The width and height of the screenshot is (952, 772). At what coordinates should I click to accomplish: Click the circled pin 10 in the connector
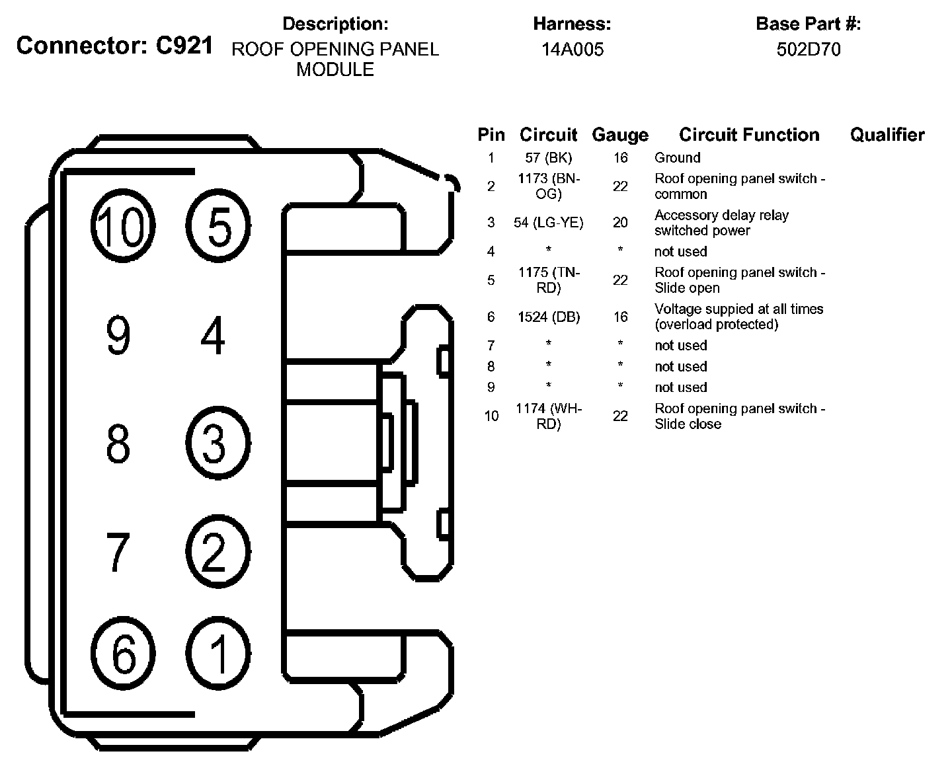click(122, 227)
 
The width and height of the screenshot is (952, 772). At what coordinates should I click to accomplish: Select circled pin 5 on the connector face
click(218, 227)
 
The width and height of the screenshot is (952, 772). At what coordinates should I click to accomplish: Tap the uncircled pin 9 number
click(118, 335)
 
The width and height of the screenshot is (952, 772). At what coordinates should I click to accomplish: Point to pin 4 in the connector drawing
click(213, 335)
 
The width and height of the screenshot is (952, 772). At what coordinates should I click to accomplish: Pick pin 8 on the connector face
click(118, 443)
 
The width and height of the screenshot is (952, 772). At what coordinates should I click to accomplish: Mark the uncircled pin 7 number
click(118, 551)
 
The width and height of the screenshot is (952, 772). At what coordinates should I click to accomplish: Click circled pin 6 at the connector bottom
click(122, 653)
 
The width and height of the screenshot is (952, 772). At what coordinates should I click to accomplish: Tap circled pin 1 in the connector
click(218, 653)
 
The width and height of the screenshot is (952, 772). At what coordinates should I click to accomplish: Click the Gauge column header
click(619, 135)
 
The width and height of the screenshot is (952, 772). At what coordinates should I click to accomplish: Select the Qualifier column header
click(887, 135)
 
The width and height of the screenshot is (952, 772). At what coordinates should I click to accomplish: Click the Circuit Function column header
click(749, 135)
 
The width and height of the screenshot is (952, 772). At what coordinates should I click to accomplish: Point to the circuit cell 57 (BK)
click(549, 158)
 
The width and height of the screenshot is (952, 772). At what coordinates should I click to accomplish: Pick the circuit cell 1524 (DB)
click(549, 317)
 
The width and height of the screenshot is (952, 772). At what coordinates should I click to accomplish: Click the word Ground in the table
click(677, 158)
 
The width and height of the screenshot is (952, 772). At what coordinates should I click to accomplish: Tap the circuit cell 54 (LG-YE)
click(549, 223)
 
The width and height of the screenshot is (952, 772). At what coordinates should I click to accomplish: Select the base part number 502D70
click(809, 50)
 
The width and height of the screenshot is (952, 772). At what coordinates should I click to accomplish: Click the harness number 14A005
click(573, 50)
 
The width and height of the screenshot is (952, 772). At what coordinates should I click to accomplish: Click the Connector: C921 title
click(115, 46)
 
